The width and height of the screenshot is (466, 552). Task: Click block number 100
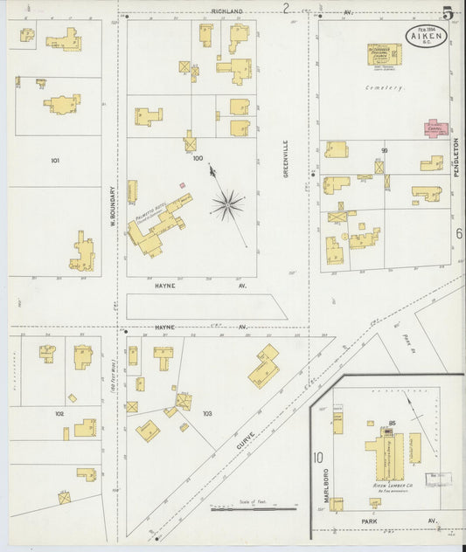[198, 159]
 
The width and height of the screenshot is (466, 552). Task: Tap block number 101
[55, 161]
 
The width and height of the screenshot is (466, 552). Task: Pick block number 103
[206, 412]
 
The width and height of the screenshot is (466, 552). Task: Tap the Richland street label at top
[226, 11]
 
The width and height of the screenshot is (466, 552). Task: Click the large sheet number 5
[448, 13]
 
